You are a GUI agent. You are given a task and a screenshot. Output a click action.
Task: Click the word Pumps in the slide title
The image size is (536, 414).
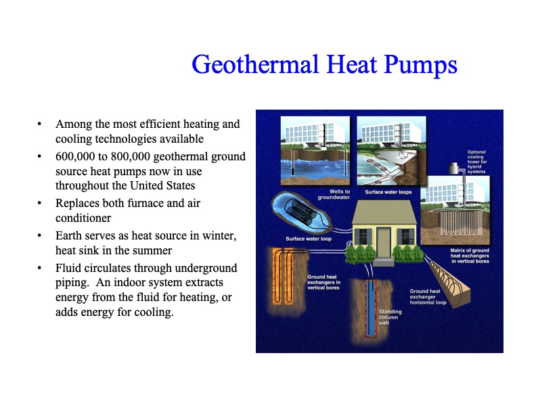click(422, 65)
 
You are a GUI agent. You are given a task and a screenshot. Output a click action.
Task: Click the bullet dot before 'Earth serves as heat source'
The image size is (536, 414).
click(40, 235)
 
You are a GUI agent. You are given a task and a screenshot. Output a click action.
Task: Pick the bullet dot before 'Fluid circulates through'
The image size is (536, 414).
click(40, 269)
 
